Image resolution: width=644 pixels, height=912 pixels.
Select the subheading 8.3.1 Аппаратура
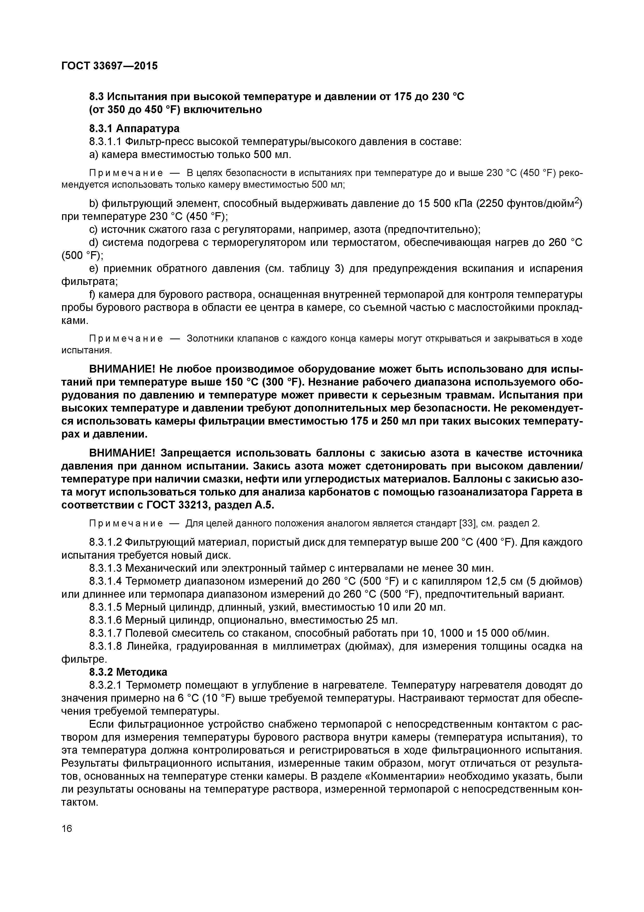coord(134,128)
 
